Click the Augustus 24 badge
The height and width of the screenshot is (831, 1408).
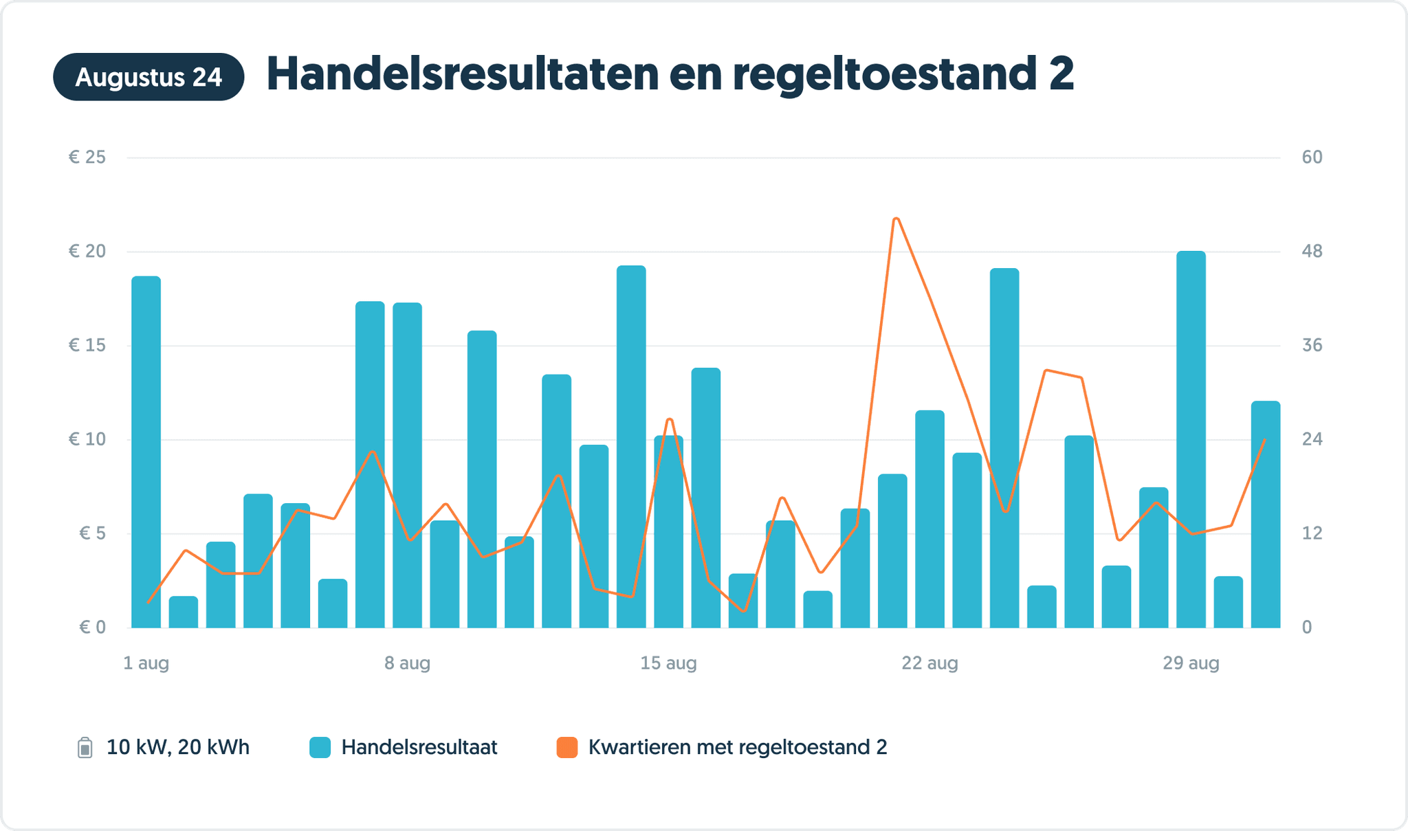(148, 77)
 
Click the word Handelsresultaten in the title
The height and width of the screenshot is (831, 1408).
(461, 74)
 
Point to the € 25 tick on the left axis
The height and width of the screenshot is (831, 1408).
(87, 157)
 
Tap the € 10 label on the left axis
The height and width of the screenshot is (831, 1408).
(87, 439)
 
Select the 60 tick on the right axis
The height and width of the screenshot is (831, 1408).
(1312, 157)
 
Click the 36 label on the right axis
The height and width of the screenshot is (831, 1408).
(1312, 345)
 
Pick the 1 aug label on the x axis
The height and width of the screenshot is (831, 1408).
(146, 663)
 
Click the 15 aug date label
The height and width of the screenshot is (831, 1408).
(668, 663)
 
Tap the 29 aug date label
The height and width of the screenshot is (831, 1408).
(1191, 663)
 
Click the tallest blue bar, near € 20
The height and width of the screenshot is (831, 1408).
(1191, 440)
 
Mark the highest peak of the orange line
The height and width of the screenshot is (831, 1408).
(896, 219)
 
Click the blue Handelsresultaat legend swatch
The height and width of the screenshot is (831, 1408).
(320, 747)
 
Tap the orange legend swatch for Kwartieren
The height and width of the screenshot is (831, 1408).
(566, 747)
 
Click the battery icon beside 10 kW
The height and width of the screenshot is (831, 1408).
(85, 747)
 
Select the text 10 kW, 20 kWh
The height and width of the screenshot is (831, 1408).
(177, 747)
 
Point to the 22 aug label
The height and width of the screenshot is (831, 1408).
(929, 663)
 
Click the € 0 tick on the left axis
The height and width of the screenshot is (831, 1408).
(92, 627)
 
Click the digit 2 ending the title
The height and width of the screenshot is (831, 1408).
(1061, 74)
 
